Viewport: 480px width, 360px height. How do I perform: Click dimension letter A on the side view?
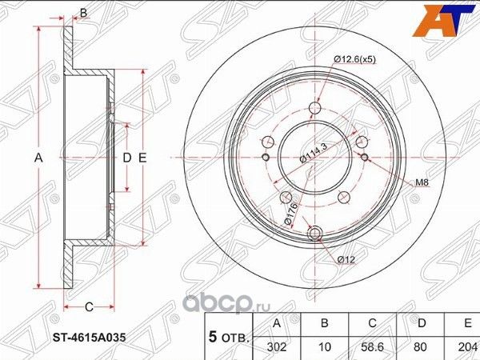point(38,158)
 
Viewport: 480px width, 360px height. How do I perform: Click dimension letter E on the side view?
point(142,158)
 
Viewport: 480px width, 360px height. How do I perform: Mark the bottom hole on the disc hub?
point(314,233)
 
